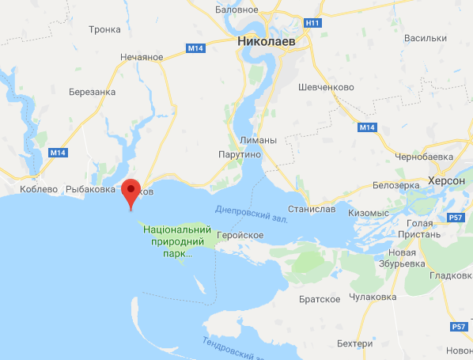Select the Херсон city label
pyautogui.click(x=446, y=180)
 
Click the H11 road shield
pyautogui.click(x=315, y=24)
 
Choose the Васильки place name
pyautogui.click(x=425, y=37)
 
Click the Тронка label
pyautogui.click(x=105, y=29)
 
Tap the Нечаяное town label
pyautogui.click(x=141, y=56)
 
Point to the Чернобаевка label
pyautogui.click(x=429, y=157)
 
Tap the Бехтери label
pyautogui.click(x=354, y=344)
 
